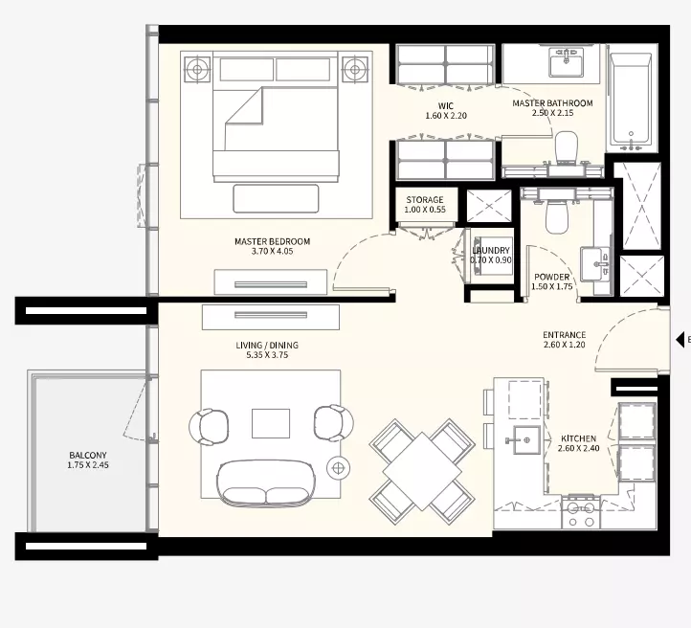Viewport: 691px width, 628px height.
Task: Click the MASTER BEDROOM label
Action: click(273, 241)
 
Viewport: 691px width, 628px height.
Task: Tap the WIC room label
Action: click(446, 105)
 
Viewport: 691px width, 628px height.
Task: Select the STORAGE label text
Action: click(425, 200)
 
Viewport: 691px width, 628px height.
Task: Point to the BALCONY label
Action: click(88, 455)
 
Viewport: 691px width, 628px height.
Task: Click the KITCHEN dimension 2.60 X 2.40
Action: click(579, 449)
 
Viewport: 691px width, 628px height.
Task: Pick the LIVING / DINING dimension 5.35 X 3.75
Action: click(267, 355)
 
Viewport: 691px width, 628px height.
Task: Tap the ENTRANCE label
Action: click(564, 335)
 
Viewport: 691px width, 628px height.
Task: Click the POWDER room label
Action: click(551, 278)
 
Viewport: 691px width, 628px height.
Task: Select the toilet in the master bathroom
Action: click(566, 146)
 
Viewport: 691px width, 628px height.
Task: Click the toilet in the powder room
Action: click(557, 216)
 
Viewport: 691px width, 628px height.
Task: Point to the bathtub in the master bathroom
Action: click(631, 99)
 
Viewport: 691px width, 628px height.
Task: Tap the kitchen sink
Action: click(523, 439)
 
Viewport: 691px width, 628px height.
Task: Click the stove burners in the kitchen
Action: click(581, 514)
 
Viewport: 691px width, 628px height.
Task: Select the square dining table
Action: click(422, 472)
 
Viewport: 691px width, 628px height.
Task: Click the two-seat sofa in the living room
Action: click(266, 483)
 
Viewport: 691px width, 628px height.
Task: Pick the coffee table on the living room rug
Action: click(271, 423)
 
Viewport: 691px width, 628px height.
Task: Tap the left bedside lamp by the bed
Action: click(197, 69)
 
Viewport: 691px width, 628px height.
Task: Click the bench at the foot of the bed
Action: click(276, 198)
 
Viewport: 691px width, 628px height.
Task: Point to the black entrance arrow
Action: click(680, 340)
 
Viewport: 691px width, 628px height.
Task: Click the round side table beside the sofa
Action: click(338, 467)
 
